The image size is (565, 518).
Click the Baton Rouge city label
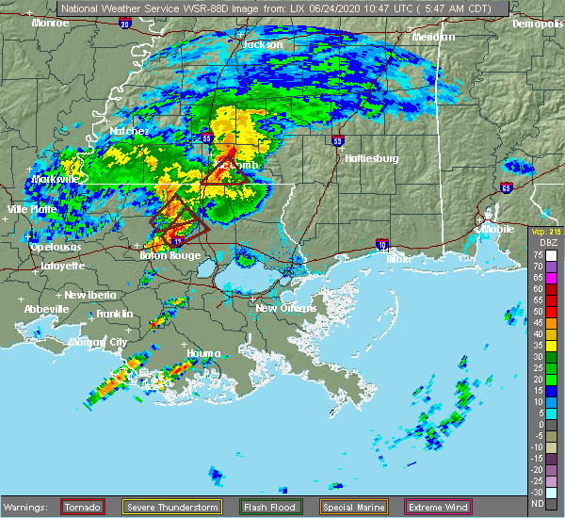pos(157,255)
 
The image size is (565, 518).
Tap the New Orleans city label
pos(280,308)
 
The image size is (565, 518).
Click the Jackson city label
pos(263,44)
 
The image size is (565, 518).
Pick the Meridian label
pos(433,37)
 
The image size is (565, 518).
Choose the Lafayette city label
pos(63,266)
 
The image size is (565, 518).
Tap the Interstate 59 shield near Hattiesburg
pos(337,141)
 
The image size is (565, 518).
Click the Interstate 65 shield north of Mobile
pos(507,188)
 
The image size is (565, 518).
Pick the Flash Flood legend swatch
pos(254,508)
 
